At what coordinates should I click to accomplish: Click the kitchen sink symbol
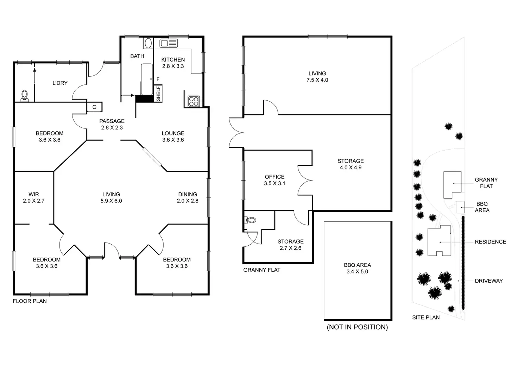[x=169, y=43]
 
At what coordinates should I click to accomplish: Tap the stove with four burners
[x=194, y=101]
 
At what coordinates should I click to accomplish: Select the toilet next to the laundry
[x=25, y=96]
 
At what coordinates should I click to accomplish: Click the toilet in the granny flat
[x=251, y=220]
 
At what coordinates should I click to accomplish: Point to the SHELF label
[x=158, y=94]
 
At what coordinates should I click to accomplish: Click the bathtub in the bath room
[x=146, y=79]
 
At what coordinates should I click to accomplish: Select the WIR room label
[x=34, y=197]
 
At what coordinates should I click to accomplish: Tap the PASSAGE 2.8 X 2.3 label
[x=112, y=124]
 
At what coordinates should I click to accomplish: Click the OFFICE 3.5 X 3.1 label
[x=274, y=180]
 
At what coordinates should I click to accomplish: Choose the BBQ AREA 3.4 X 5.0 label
[x=357, y=268]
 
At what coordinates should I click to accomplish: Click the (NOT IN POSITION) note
[x=357, y=327]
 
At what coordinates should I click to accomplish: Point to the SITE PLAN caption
[x=426, y=317]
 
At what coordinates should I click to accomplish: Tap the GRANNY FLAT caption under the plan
[x=262, y=270]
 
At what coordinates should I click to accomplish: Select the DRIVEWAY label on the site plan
[x=489, y=281]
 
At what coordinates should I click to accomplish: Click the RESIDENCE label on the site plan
[x=490, y=242]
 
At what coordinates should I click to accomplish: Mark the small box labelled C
[x=94, y=107]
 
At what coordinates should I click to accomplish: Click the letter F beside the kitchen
[x=158, y=79]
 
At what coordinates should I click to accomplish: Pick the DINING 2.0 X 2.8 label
[x=188, y=197]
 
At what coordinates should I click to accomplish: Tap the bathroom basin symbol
[x=148, y=43]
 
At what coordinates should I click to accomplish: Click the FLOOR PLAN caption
[x=30, y=301]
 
